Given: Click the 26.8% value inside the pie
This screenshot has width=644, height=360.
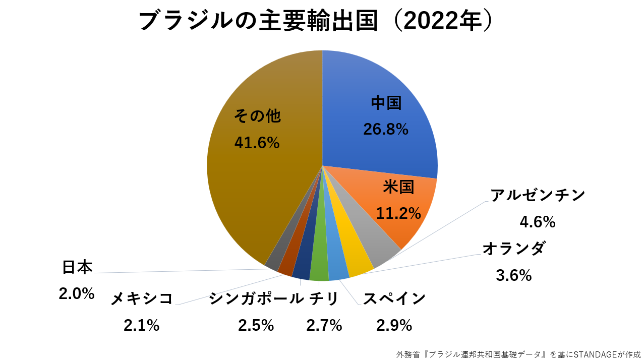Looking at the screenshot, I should [x=386, y=130].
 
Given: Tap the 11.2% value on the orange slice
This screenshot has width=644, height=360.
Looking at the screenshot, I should [x=398, y=213].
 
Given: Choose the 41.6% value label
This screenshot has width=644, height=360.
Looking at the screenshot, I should [x=257, y=143].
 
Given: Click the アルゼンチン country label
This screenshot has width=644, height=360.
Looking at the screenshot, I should [x=538, y=196].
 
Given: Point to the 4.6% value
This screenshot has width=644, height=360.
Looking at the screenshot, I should [x=538, y=221].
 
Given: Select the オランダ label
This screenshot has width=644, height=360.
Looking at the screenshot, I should [x=513, y=249].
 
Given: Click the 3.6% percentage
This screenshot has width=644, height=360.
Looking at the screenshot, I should [x=513, y=275].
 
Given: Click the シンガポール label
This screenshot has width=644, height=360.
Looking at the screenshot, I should [x=256, y=299].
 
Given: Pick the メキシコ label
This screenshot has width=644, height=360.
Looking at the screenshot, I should [x=142, y=299].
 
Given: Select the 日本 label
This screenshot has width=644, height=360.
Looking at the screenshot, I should [x=77, y=267].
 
